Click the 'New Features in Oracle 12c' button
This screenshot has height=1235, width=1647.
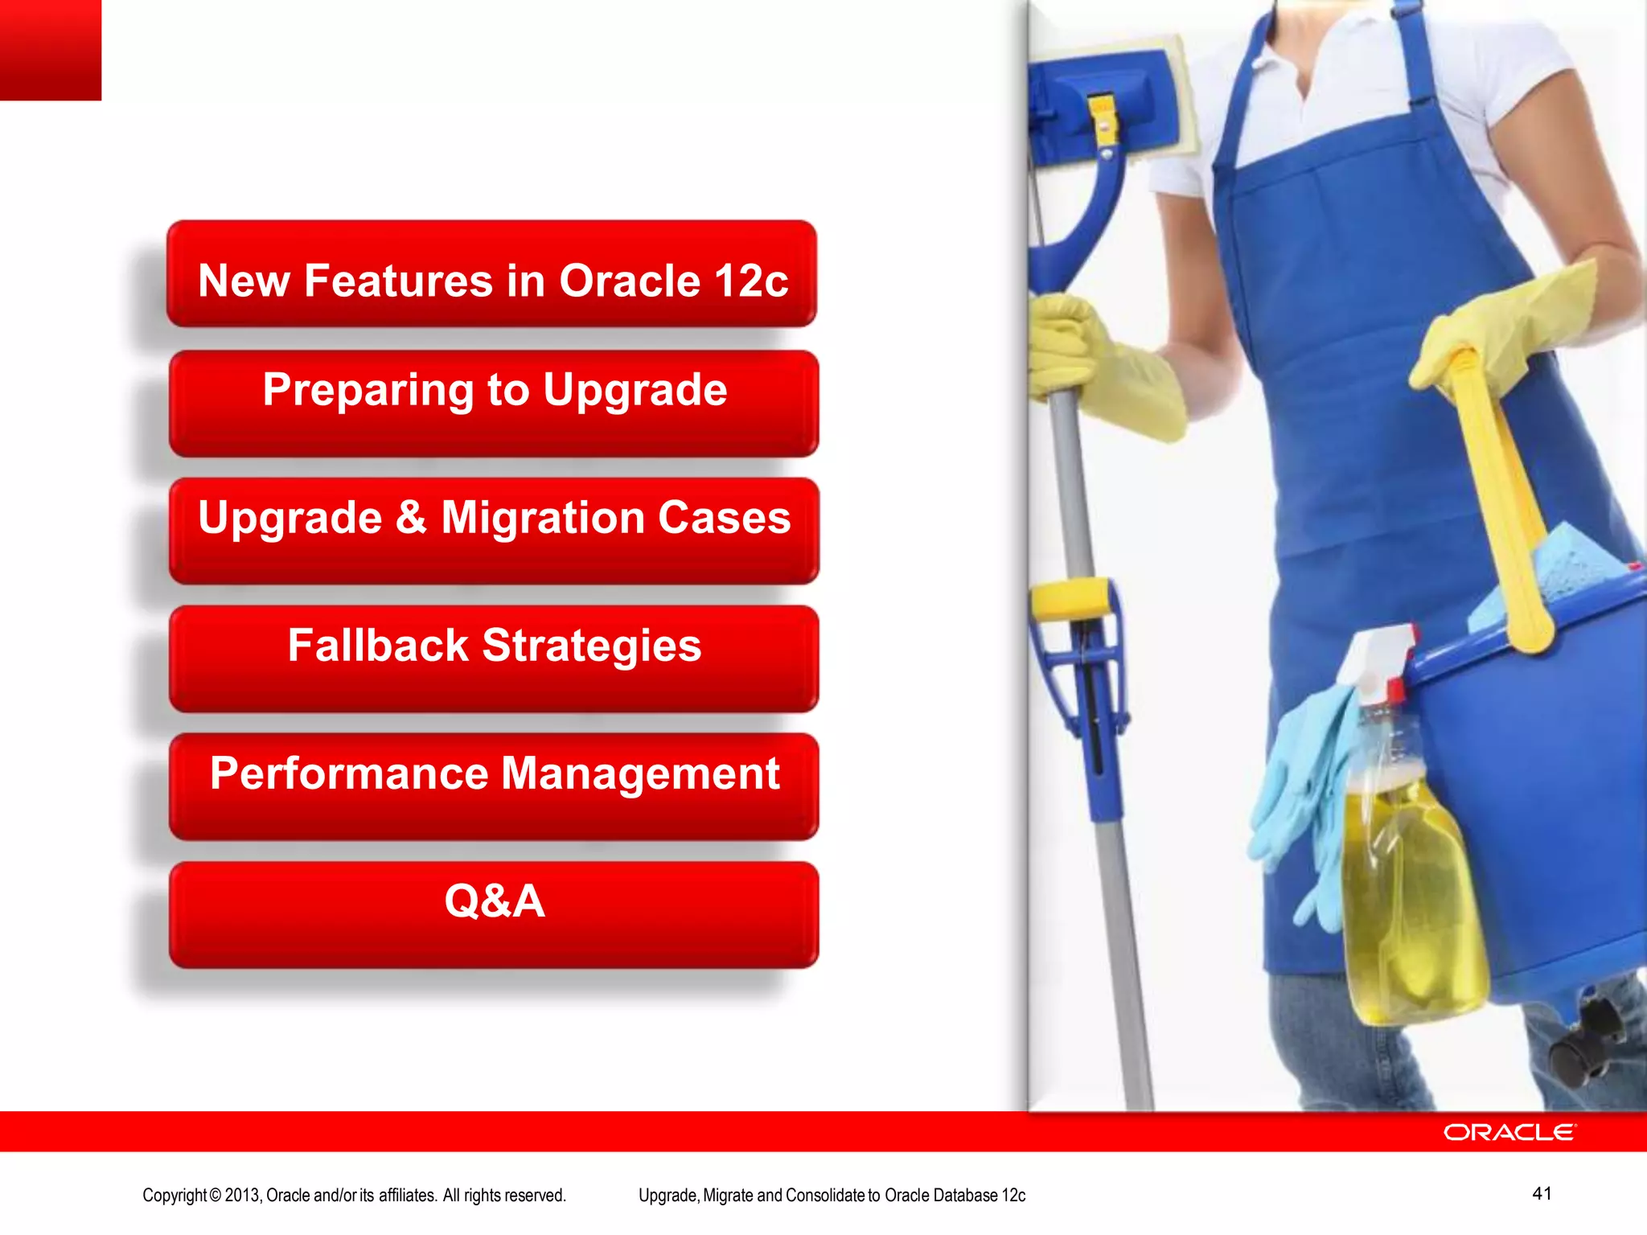[492, 274]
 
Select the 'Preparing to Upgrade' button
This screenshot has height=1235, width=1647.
[494, 403]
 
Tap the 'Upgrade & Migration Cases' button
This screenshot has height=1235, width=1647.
[494, 531]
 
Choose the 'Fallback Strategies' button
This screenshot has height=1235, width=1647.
[494, 659]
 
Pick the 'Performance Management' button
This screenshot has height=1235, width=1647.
[494, 786]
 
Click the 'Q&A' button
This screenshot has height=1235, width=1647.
[494, 914]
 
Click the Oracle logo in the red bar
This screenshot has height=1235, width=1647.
[1509, 1132]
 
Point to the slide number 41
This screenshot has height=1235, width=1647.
[1542, 1193]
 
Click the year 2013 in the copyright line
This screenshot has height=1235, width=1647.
[242, 1195]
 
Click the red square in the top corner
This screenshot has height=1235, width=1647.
[50, 49]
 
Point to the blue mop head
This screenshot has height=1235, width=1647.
[1102, 105]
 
